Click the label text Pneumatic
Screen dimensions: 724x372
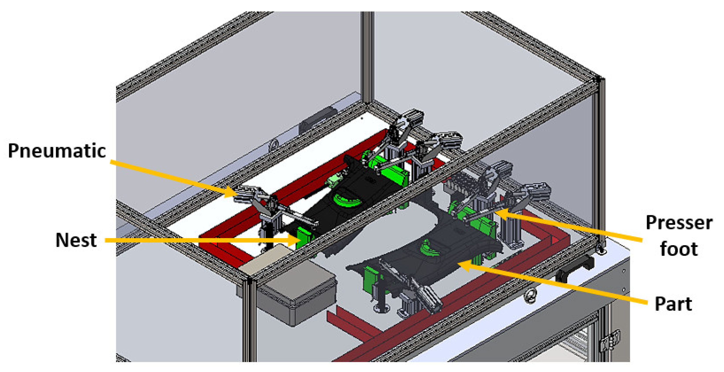point(57,151)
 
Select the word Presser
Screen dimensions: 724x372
point(679,223)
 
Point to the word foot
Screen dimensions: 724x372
point(679,249)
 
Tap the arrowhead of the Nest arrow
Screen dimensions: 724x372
point(295,240)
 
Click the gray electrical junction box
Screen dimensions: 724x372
point(298,293)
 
